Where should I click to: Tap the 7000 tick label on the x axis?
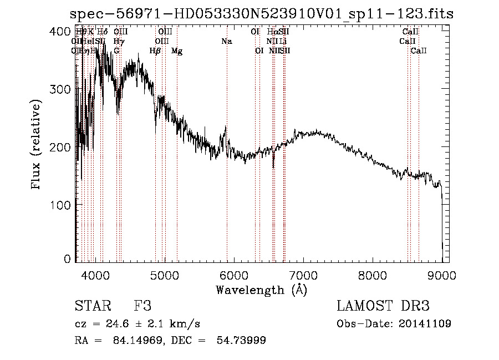[x=303, y=275]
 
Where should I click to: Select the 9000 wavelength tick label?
[x=441, y=275]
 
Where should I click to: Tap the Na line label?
[x=226, y=42]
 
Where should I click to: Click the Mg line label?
[x=177, y=51]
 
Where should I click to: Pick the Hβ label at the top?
[x=155, y=51]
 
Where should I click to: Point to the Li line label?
[x=283, y=42]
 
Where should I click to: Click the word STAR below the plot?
[x=92, y=306]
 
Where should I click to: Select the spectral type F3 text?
[x=142, y=306]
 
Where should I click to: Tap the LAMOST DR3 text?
[x=383, y=306]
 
